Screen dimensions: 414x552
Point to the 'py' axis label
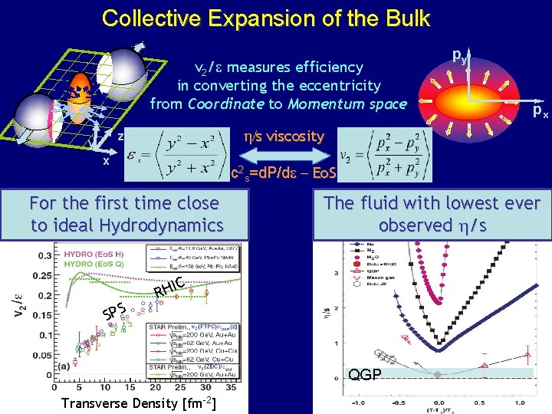click(459, 55)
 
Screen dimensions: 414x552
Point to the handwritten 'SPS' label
click(113, 311)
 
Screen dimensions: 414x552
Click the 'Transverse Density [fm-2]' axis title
click(137, 403)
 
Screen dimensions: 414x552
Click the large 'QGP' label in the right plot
click(365, 374)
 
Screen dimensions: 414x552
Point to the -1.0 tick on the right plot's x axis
click(358, 402)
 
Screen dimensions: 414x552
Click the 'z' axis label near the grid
click(120, 136)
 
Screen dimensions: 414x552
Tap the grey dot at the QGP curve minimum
click(437, 374)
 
